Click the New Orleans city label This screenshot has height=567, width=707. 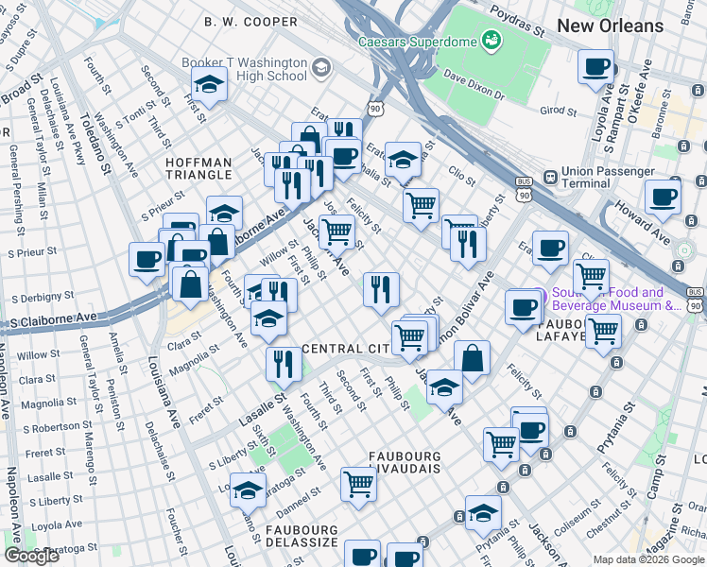610,26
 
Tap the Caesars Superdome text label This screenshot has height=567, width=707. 415,42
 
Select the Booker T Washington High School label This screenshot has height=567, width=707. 245,69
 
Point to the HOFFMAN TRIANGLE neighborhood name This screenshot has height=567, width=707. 198,168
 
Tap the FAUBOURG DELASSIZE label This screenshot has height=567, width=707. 302,535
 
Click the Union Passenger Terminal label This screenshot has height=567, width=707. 608,178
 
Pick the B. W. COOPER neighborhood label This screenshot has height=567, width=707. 252,21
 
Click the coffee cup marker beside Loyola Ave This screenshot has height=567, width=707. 596,67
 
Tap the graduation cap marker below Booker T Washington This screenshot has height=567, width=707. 210,85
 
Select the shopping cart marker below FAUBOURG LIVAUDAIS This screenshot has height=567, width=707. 359,484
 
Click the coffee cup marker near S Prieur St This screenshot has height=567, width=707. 147,260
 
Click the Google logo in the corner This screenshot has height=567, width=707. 31,556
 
